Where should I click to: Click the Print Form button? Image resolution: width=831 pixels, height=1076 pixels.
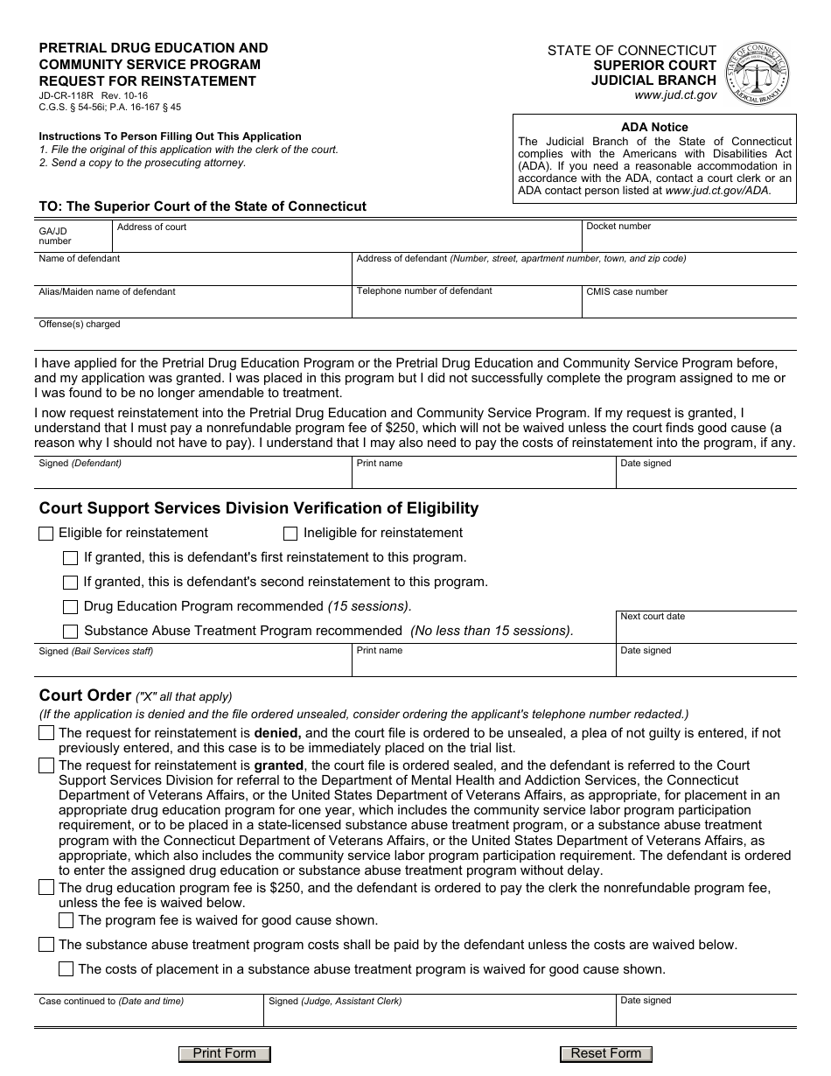click(225, 1053)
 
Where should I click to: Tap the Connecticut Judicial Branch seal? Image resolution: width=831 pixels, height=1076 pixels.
click(758, 73)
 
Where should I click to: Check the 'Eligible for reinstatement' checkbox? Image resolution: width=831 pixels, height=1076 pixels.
click(46, 534)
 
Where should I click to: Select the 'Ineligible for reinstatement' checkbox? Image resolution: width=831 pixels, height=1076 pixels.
click(290, 534)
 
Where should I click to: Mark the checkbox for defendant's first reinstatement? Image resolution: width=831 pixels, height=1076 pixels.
click(71, 558)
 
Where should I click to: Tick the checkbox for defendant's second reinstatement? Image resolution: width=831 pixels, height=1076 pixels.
click(71, 583)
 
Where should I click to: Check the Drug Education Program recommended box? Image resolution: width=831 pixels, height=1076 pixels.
click(71, 607)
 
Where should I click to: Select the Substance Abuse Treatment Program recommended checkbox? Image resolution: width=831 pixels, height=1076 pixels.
click(71, 632)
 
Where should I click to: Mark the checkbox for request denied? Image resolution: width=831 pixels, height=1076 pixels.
click(46, 733)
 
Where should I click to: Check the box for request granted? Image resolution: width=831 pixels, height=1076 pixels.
click(46, 765)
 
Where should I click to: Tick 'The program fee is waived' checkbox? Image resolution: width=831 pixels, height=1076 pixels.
click(66, 920)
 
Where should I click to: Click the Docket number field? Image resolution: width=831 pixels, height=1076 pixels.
click(688, 240)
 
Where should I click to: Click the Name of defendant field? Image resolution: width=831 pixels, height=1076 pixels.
click(192, 273)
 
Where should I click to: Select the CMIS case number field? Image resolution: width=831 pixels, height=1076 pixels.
click(688, 305)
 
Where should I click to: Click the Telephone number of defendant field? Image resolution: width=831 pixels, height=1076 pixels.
click(466, 305)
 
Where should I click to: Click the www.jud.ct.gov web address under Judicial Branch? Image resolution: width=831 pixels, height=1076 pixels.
click(675, 94)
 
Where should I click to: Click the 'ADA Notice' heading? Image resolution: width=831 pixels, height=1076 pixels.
click(654, 127)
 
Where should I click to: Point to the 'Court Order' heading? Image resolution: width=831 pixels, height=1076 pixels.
click(85, 695)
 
